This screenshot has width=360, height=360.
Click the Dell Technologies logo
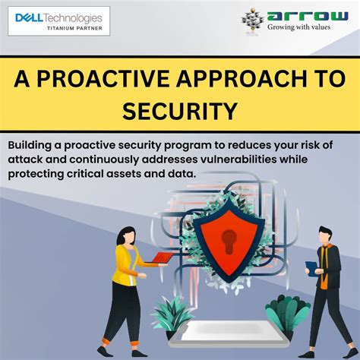58,17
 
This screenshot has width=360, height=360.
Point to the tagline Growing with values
298,26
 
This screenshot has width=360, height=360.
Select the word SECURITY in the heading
180,111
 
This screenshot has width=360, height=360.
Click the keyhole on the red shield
228,243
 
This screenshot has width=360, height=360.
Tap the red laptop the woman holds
162,258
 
